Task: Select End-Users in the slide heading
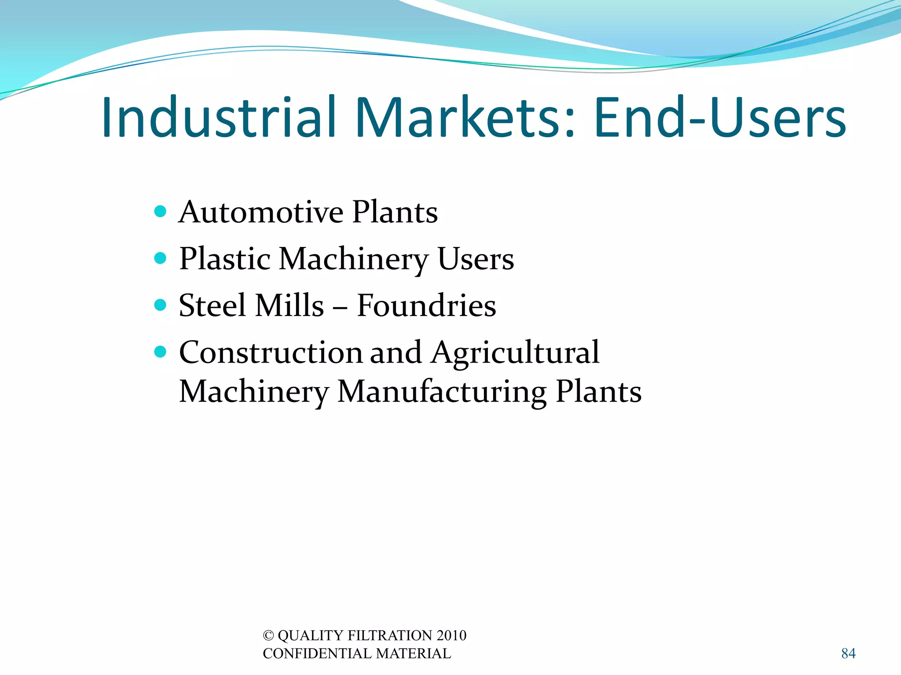[x=720, y=118]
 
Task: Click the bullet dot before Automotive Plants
[x=161, y=211]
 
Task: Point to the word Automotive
[x=260, y=212]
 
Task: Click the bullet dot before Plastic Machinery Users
[x=161, y=258]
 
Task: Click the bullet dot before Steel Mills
[x=161, y=305]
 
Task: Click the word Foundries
[x=426, y=305]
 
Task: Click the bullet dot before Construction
[x=161, y=352]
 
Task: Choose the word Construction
[x=271, y=352]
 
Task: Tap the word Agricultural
[x=515, y=353]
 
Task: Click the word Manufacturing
[x=442, y=392]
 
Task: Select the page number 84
[x=848, y=653]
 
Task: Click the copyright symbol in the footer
[x=268, y=635]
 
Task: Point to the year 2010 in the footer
[x=451, y=635]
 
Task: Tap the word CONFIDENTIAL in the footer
[x=317, y=653]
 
